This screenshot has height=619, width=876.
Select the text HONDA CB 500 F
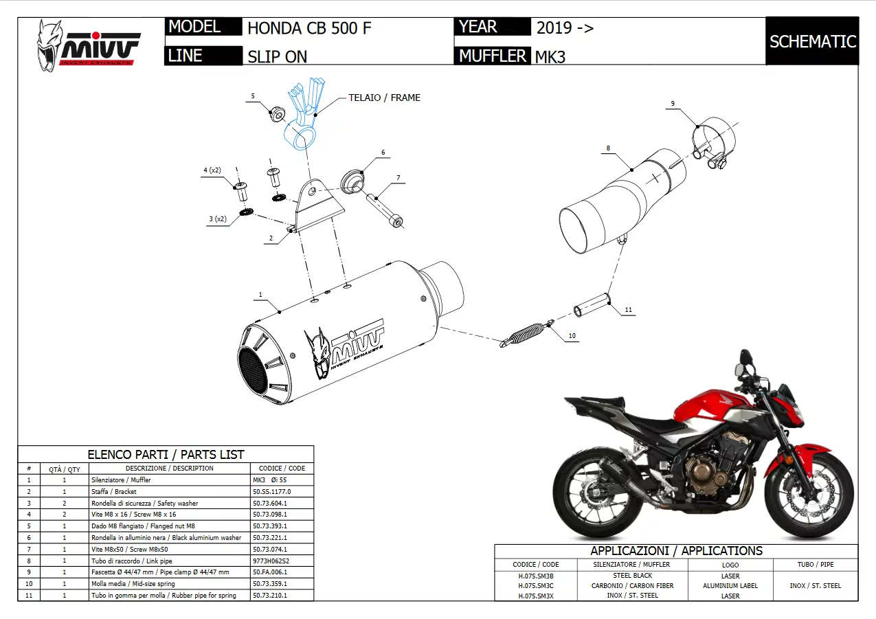309,28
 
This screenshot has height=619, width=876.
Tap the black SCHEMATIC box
812,41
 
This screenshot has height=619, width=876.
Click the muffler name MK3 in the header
550,57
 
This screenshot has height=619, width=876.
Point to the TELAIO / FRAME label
384,98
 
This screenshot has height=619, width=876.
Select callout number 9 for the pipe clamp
673,104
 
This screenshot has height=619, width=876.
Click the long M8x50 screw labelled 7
384,209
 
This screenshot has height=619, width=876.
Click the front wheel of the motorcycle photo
807,488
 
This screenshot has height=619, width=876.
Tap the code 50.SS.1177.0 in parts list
272,492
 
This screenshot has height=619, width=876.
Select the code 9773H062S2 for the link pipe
271,561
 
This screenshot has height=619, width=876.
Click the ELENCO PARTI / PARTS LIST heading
166,454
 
